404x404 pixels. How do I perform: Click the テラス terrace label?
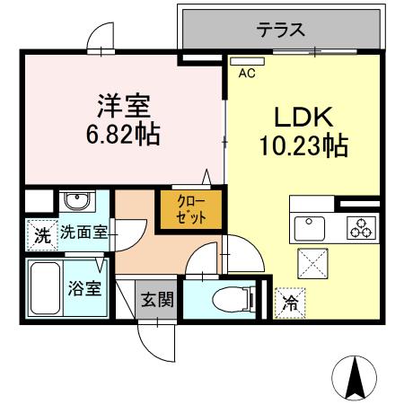point(281,31)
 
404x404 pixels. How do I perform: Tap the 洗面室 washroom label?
point(83,233)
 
